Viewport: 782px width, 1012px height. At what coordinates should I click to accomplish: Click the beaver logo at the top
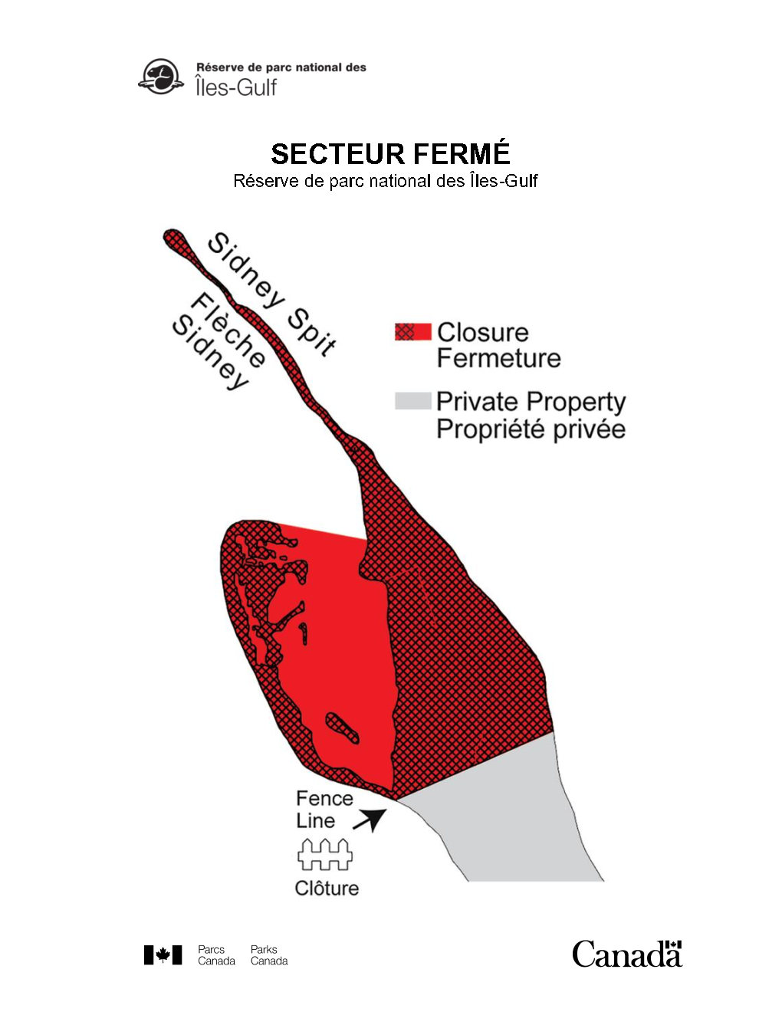(161, 77)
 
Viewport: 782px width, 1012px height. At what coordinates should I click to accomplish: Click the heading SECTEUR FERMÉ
(390, 154)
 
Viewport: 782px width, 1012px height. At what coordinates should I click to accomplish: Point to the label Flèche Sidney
(219, 341)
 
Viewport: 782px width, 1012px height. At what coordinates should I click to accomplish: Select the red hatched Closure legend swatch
(412, 331)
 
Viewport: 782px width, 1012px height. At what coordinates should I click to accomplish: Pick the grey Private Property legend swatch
(412, 401)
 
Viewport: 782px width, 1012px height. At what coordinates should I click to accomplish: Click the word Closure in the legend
(482, 332)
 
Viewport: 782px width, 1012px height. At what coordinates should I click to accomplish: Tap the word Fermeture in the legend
(498, 358)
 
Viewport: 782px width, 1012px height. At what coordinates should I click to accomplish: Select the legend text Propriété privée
(531, 429)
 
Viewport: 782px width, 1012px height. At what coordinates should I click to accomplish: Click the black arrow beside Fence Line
(370, 820)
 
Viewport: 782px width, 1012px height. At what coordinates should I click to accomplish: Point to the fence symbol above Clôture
(325, 854)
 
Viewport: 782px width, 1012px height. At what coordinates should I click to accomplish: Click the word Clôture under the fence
(327, 888)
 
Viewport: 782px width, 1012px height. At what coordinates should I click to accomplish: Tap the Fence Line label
(324, 809)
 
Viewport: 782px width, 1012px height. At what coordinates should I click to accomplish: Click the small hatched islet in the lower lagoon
(342, 727)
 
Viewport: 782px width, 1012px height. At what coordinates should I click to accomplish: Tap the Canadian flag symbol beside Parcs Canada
(163, 955)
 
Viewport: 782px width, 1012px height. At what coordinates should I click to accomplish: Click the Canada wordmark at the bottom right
(626, 954)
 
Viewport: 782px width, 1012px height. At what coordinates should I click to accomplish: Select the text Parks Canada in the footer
(269, 955)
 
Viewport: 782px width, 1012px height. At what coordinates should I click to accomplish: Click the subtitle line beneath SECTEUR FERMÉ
(386, 181)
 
